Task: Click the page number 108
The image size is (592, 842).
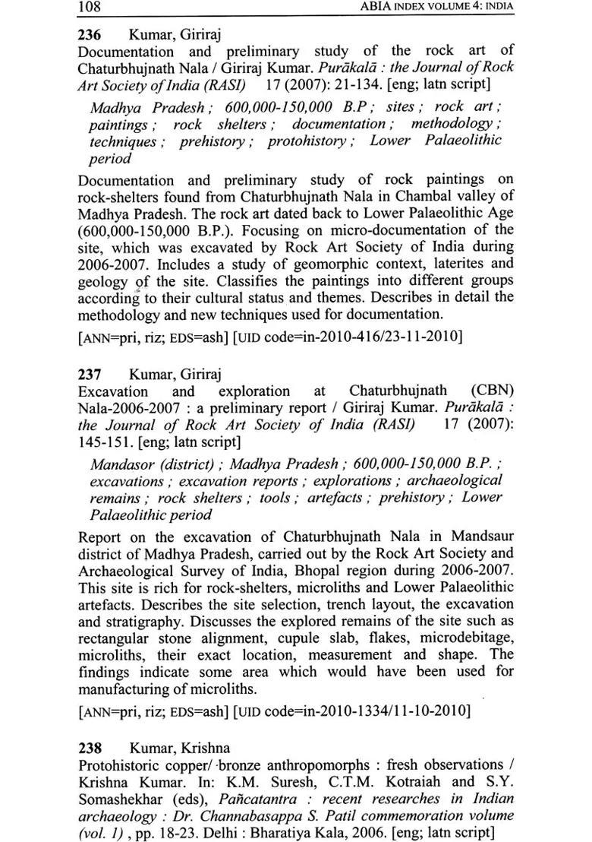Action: tap(90, 8)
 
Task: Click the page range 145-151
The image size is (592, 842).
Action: tap(106, 442)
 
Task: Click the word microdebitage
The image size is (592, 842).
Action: tap(465, 637)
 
